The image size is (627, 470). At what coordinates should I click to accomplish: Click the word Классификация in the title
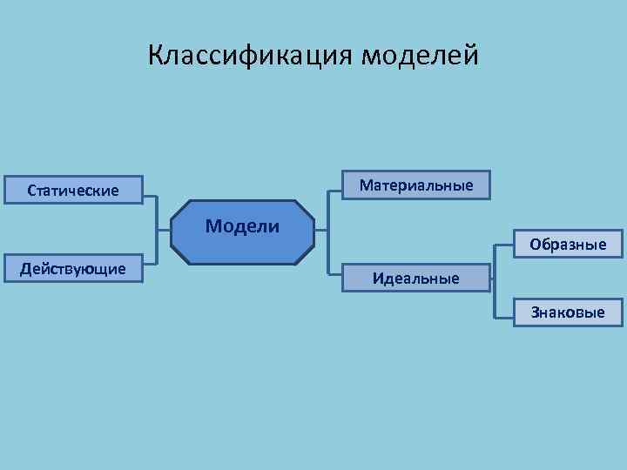click(x=251, y=56)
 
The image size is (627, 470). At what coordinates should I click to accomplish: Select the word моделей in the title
click(x=420, y=56)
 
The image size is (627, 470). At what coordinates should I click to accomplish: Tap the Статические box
click(x=73, y=190)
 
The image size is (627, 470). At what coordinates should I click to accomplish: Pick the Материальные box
click(x=415, y=185)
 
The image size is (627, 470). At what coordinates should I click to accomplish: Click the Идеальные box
click(x=415, y=279)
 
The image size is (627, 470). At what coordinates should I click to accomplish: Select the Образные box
click(x=569, y=244)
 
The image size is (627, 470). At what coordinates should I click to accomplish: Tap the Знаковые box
click(x=569, y=312)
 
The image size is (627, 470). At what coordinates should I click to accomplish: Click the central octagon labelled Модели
click(x=243, y=231)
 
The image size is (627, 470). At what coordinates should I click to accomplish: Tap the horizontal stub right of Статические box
click(x=150, y=197)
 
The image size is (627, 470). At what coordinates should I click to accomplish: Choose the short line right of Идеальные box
click(x=489, y=279)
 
